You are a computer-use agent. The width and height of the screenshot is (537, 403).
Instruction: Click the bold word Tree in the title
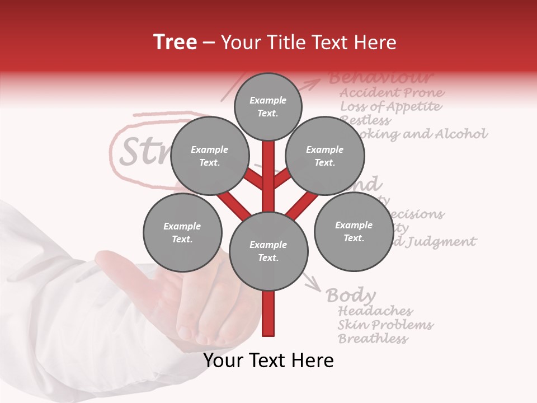tap(175, 42)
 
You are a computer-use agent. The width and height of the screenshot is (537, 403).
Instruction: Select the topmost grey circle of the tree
tap(268, 106)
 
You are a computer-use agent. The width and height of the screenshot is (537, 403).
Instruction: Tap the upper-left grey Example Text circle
tap(209, 156)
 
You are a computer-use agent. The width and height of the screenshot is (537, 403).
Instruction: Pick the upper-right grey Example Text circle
tap(325, 156)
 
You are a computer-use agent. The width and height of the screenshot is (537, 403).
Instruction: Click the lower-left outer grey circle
tap(182, 233)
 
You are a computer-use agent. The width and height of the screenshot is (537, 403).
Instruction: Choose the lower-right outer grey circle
tap(354, 232)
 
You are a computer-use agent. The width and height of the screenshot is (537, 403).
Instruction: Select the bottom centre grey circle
tap(268, 251)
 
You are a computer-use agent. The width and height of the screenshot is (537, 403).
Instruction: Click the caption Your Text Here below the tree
tap(268, 360)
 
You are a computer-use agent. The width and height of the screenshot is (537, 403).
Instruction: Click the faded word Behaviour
tap(380, 77)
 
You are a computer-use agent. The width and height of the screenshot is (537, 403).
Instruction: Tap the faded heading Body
tap(351, 295)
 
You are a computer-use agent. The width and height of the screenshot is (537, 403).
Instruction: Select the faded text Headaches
tap(375, 311)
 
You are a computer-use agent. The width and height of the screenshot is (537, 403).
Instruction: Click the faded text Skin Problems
tap(385, 325)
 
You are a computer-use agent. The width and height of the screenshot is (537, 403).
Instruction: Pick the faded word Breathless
tap(373, 339)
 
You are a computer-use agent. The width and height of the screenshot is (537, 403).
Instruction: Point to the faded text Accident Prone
tap(392, 93)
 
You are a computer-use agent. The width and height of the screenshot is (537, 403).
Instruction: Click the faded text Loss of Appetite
tap(390, 107)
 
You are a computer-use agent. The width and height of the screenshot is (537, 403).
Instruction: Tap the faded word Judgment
tap(441, 242)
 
